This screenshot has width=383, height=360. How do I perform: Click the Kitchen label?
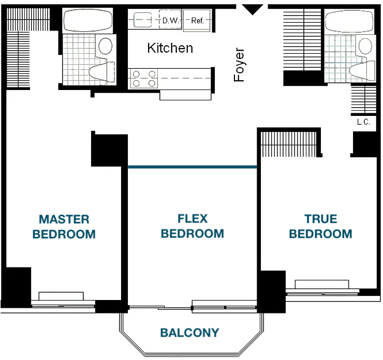coord(170,48)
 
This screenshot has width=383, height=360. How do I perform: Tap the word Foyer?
coord(239,65)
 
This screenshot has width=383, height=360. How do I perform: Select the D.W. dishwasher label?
coord(170,21)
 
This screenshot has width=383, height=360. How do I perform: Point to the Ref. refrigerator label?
coord(197,21)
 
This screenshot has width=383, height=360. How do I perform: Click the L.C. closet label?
coord(363,122)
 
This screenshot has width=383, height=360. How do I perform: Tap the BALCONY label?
coord(189,333)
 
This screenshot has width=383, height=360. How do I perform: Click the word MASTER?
coord(64,219)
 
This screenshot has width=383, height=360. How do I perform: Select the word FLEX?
coord(193,218)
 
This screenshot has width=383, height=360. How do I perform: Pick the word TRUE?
coord(321,219)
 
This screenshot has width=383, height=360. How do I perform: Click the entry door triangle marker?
coord(253,9)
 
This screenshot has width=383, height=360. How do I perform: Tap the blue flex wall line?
coord(193,167)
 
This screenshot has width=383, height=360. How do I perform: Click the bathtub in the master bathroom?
coord(87,21)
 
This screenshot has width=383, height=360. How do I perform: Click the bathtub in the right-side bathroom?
coord(349,21)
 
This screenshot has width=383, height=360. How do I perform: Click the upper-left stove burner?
coord(136,74)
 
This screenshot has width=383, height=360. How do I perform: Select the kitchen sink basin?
coord(143,19)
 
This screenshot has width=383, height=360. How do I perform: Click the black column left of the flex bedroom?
coord(109,151)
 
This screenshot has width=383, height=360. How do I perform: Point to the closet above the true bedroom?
coord(289,144)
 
